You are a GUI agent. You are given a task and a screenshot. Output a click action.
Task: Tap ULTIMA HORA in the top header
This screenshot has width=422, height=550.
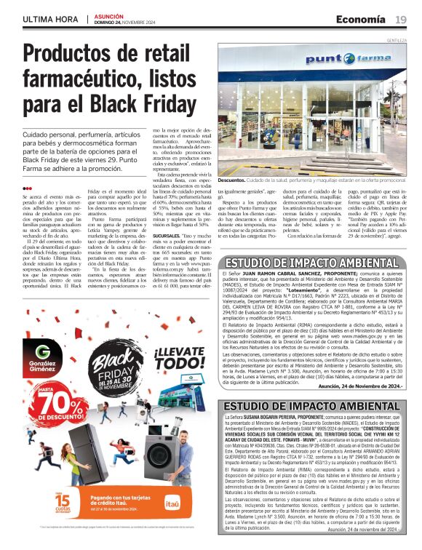50,18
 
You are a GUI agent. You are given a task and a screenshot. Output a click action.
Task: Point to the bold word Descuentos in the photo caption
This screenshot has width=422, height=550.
232,179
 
